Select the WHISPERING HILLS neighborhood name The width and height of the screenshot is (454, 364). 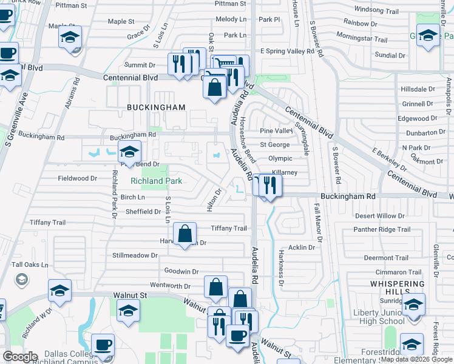pyautogui.click(x=397, y=288)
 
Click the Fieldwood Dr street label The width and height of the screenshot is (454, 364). pyautogui.click(x=78, y=178)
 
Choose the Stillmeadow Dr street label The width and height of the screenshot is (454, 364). pyautogui.click(x=135, y=255)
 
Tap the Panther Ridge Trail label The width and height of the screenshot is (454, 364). pyautogui.click(x=382, y=229)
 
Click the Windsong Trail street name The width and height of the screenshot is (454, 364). pyautogui.click(x=376, y=10)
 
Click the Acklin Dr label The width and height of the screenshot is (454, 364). pyautogui.click(x=302, y=248)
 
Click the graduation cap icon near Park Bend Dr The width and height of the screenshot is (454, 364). pyautogui.click(x=129, y=152)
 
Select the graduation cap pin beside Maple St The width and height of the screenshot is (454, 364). pyautogui.click(x=70, y=36)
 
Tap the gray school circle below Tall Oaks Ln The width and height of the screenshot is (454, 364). pyautogui.click(x=21, y=279)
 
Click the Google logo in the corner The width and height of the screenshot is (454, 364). pyautogui.click(x=19, y=357)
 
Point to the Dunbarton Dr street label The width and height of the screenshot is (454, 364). pyautogui.click(x=425, y=132)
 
